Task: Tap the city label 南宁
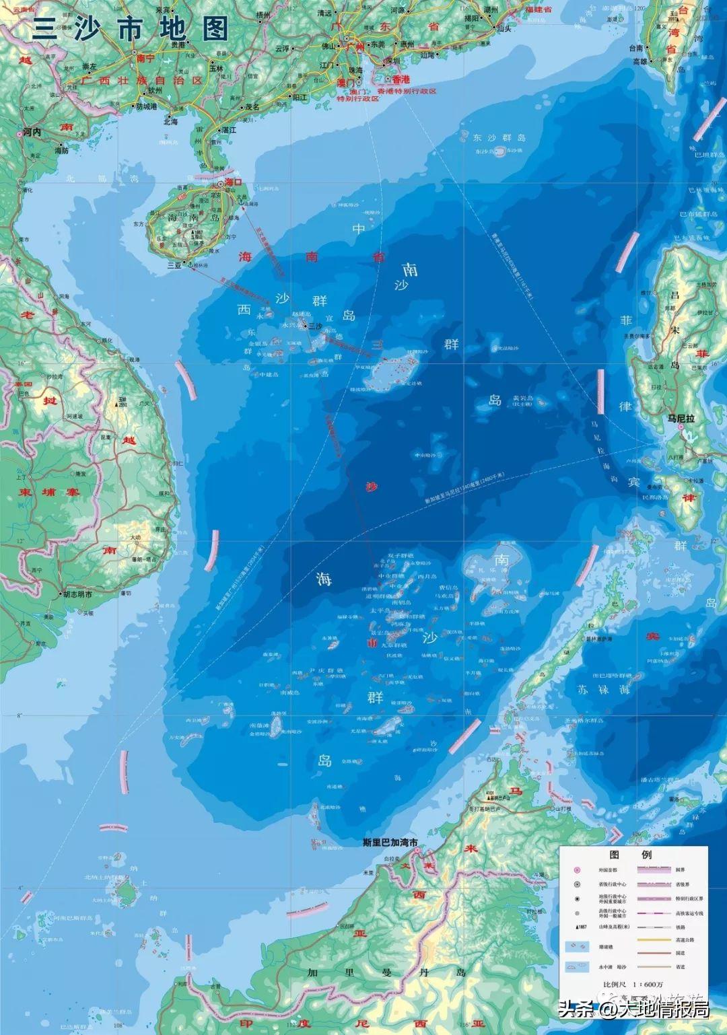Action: [145, 59]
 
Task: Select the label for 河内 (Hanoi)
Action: [32, 133]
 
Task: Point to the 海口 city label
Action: [233, 182]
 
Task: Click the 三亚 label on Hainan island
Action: [175, 265]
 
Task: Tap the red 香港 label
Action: [401, 79]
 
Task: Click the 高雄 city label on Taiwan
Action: [639, 61]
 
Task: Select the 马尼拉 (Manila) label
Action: [681, 418]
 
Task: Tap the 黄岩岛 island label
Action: [522, 398]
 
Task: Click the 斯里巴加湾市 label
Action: [390, 843]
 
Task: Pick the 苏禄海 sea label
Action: [604, 690]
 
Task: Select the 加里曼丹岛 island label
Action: [386, 972]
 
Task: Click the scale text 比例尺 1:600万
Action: [633, 984]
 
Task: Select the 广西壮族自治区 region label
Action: [141, 80]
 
